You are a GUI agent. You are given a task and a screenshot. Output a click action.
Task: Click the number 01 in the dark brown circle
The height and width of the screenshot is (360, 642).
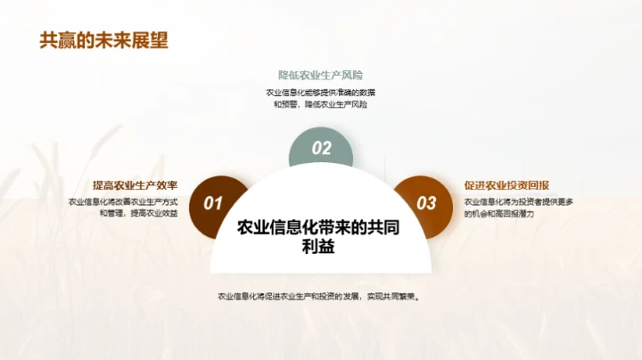[x=214, y=203]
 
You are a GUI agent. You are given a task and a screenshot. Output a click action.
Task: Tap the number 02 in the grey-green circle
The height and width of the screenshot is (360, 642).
[x=321, y=148]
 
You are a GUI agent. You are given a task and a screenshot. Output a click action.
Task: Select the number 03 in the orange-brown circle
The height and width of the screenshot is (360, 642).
[x=427, y=203]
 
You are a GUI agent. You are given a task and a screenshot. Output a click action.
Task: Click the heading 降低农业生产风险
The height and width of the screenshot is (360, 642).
[x=321, y=76]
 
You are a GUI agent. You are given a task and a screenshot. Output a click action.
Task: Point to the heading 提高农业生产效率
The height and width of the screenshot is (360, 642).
[x=135, y=185]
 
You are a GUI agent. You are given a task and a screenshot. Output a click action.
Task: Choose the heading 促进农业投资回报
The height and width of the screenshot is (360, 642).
[x=506, y=185]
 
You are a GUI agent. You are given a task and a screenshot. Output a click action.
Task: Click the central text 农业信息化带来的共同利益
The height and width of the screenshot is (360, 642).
[x=318, y=237]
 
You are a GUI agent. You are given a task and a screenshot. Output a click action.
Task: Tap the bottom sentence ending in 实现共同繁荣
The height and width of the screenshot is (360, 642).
[x=318, y=297]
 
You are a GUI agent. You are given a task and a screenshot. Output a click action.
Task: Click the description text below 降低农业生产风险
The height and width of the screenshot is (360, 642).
[x=321, y=99]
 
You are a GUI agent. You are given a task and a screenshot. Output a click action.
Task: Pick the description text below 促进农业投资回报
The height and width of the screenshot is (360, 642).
[x=517, y=208]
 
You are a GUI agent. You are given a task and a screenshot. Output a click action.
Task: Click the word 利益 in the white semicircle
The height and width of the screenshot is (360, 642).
[x=318, y=249]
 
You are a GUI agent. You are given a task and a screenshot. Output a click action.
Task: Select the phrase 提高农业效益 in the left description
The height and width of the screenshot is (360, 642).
[x=154, y=214]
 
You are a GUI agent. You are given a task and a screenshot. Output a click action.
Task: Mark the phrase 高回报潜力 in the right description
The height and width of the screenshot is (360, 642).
[x=527, y=214]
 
